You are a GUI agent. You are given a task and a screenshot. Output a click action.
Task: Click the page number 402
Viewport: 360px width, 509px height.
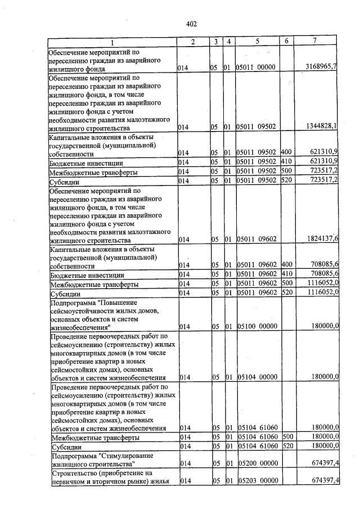pyautogui.click(x=191, y=24)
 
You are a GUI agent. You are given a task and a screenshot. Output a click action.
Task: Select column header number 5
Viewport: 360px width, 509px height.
pyautogui.click(x=256, y=42)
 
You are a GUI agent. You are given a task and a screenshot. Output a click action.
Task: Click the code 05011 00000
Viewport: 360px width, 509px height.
pyautogui.click(x=256, y=67)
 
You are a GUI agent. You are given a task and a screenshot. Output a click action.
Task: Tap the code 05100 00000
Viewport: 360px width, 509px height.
pyautogui.click(x=256, y=326)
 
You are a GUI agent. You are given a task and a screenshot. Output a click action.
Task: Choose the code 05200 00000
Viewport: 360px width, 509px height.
pyautogui.click(x=256, y=465)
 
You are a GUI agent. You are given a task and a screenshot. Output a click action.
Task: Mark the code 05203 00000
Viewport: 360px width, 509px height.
pyautogui.click(x=256, y=481)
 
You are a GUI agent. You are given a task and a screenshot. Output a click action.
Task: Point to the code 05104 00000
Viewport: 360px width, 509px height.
pyautogui.click(x=256, y=377)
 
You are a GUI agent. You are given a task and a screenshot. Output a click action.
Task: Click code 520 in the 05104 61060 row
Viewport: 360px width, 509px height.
pyautogui.click(x=287, y=446)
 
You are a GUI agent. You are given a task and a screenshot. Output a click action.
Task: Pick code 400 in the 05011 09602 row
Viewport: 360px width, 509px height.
pyautogui.click(x=286, y=264)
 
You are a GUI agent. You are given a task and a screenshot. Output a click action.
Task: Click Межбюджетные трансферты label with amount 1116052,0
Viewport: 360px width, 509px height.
pyautogui.click(x=94, y=284)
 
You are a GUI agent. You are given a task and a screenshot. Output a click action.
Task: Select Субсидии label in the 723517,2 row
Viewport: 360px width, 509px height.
pyautogui.click(x=62, y=181)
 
